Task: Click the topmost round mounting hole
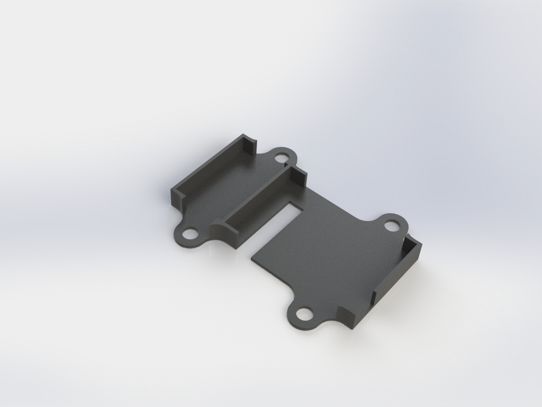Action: click(x=282, y=157)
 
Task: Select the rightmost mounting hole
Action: click(x=392, y=225)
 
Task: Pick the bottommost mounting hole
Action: click(x=304, y=314)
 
